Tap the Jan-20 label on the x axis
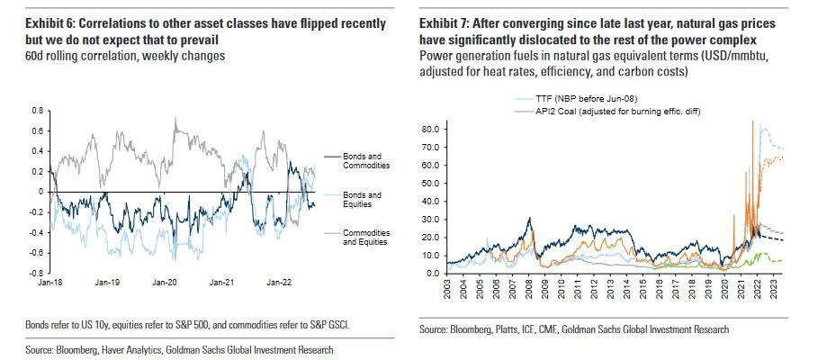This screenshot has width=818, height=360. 168,283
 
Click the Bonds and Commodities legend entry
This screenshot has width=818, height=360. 364,161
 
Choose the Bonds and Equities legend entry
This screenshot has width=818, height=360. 364,199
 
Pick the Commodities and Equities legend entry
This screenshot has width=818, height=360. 364,237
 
